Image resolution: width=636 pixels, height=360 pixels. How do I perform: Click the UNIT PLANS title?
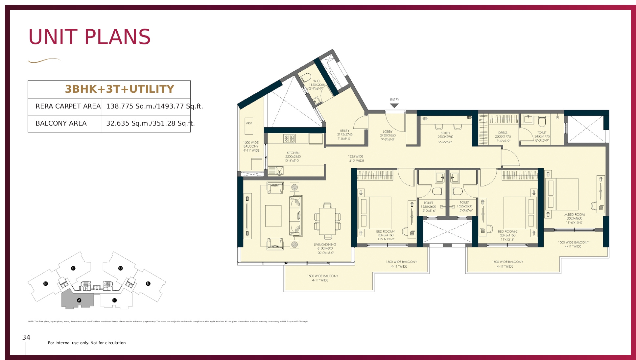(x=89, y=37)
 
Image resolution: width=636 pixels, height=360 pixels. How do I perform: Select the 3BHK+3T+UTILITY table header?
(x=119, y=89)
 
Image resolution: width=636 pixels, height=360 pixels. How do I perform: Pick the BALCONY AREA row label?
(x=61, y=123)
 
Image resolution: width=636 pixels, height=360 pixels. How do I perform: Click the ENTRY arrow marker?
(x=394, y=106)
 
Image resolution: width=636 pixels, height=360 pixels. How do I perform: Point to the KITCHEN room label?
(x=293, y=153)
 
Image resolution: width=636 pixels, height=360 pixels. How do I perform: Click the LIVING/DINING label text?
(x=325, y=245)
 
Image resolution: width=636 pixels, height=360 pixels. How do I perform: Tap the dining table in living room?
(x=327, y=221)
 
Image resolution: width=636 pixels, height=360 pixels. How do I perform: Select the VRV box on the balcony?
(x=249, y=126)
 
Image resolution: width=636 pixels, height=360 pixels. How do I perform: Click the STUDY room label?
(x=445, y=133)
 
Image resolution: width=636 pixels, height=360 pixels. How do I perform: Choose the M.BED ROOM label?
(x=574, y=214)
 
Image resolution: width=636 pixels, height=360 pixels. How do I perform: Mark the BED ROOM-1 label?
(x=386, y=231)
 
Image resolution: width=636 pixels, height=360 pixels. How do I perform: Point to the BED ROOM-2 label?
(x=507, y=231)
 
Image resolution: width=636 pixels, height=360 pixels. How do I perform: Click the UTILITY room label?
(x=344, y=131)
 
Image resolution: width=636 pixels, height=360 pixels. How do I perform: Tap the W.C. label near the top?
(x=317, y=81)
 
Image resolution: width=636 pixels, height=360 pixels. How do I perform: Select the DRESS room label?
(x=503, y=133)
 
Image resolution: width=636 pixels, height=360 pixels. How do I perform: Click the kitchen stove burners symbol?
(x=290, y=138)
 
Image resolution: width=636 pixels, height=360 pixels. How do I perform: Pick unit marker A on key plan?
(x=79, y=300)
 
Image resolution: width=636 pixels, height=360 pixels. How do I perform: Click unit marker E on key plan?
(x=148, y=283)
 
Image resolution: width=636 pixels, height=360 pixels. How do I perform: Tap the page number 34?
(x=26, y=337)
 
